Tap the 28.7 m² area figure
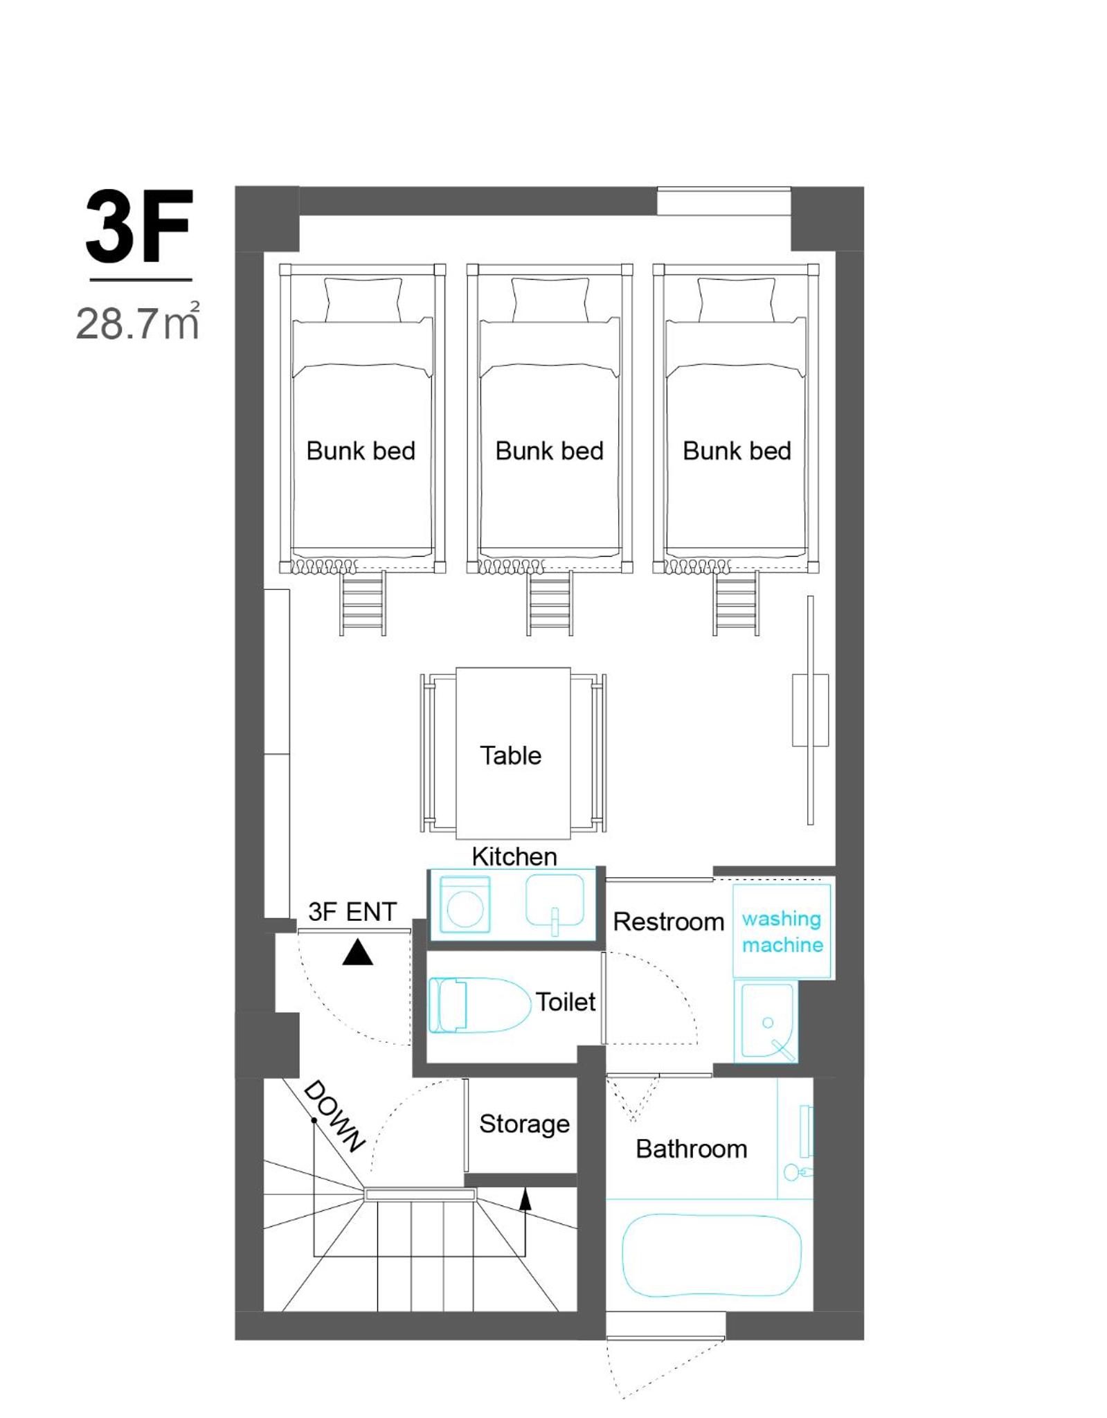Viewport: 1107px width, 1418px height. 138,321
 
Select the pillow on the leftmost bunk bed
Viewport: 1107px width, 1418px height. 363,299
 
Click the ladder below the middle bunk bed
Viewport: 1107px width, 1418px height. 550,602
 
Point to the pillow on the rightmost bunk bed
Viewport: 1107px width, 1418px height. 736,299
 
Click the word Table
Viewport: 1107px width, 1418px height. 511,755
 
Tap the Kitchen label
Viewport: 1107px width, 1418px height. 514,856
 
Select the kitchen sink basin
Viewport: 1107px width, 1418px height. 555,900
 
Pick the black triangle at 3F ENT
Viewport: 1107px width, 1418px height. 357,953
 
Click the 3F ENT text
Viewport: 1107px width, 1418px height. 352,912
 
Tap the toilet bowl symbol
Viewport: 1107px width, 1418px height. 479,1005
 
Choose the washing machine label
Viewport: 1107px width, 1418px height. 782,931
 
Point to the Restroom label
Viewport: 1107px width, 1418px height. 669,922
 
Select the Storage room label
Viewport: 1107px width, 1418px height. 525,1124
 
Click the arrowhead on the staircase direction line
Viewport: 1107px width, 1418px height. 525,1199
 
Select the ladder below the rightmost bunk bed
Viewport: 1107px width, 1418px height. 737,602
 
